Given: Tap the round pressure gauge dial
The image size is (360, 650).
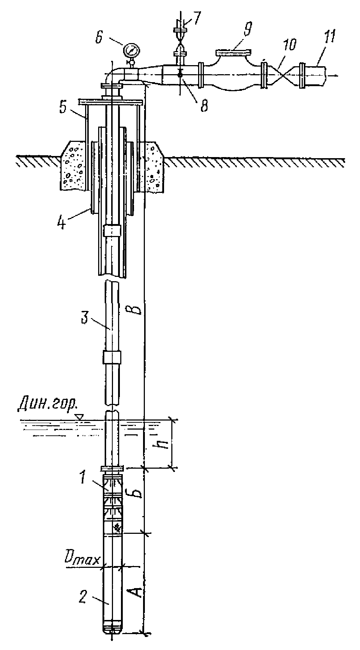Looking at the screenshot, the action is tap(131, 50).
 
